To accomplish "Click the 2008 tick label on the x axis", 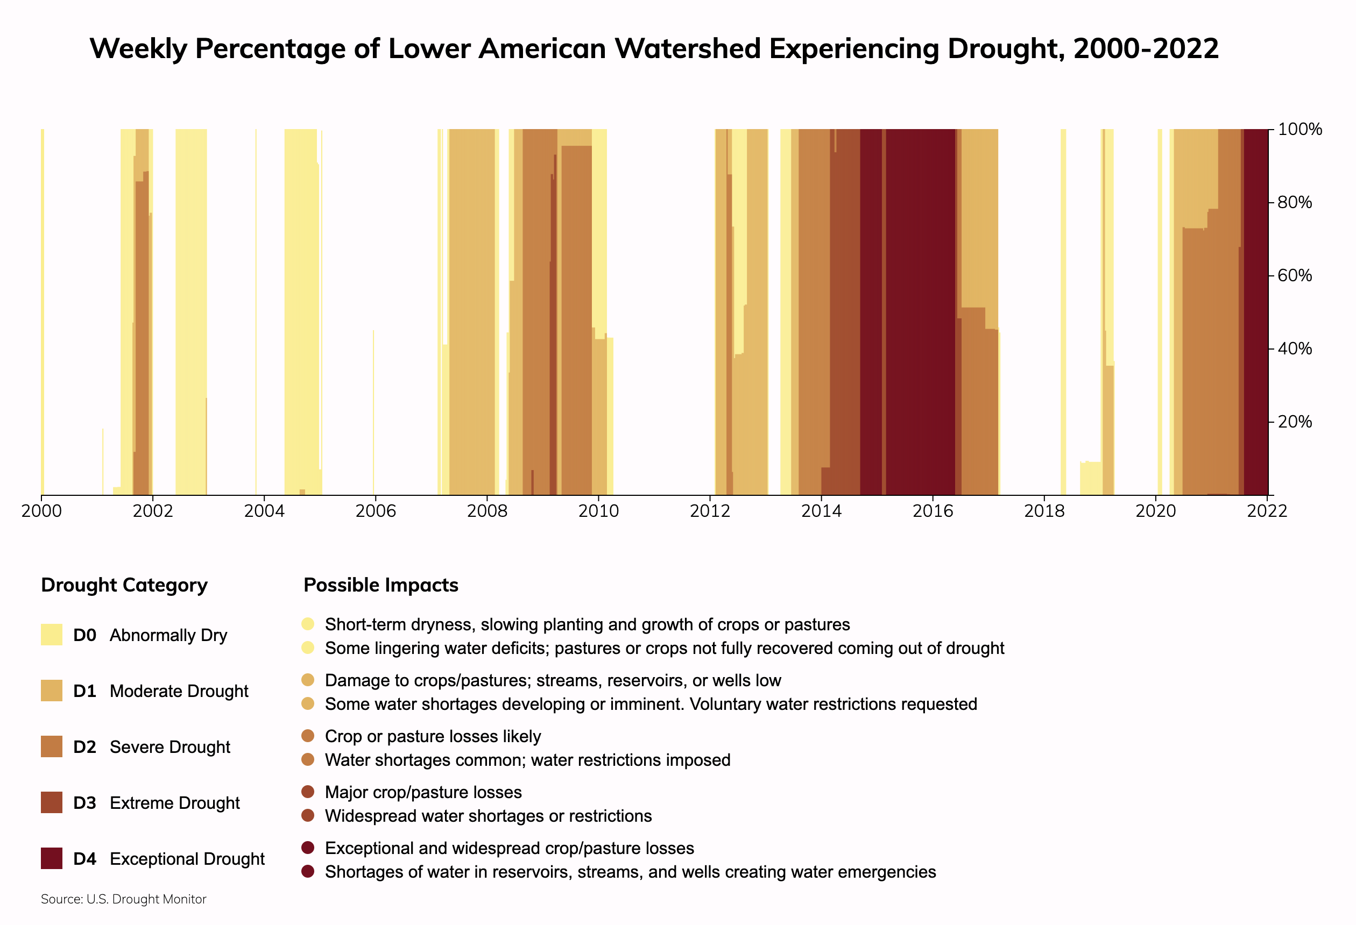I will [486, 511].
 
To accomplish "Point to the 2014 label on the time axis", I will [821, 511].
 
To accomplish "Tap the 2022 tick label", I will [1267, 511].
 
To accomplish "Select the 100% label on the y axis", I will [1299, 130].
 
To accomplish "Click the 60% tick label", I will [1295, 275].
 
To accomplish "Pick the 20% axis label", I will [1295, 422].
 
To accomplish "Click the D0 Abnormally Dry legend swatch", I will [51, 635].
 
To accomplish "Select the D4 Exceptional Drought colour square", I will [51, 858].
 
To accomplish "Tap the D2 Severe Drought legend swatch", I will [51, 746].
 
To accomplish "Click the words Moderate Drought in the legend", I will [179, 691].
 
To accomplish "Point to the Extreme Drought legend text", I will [174, 803].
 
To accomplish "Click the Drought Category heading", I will [124, 585].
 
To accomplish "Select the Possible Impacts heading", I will [381, 585].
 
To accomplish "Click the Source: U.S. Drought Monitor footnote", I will [124, 899].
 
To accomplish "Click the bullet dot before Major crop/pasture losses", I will [308, 792].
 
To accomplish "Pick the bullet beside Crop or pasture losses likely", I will [308, 736].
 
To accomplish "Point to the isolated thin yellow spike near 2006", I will [373, 412].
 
